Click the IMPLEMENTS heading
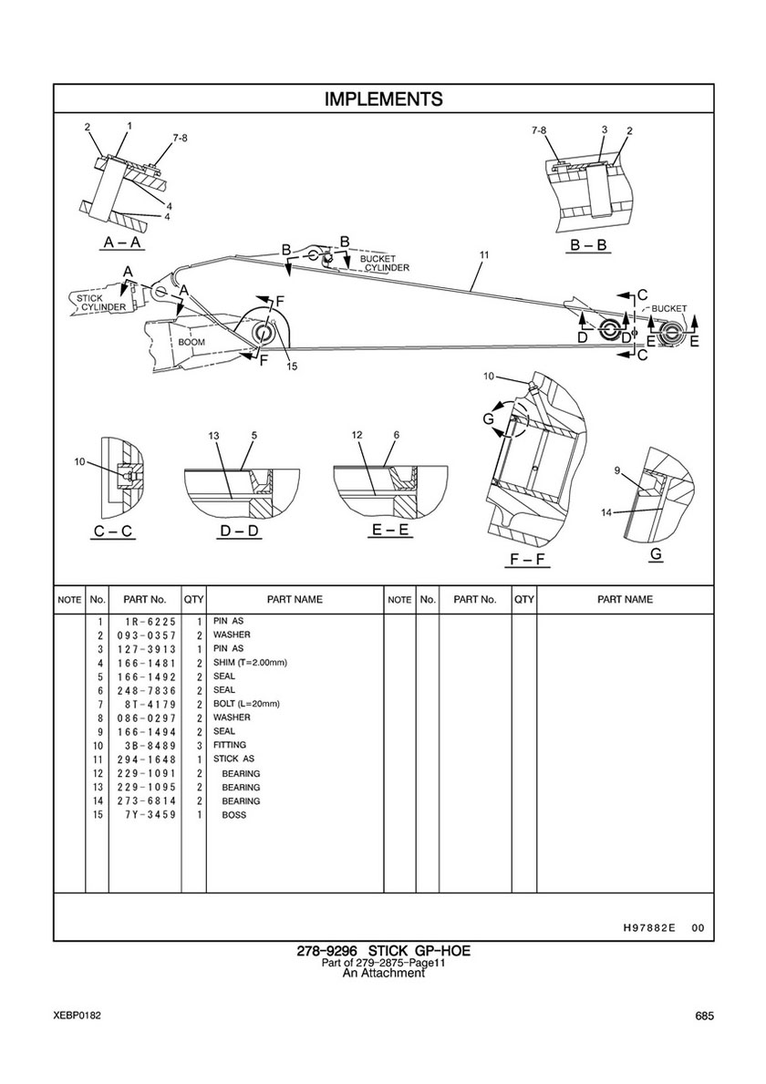click(384, 98)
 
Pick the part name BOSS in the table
click(233, 815)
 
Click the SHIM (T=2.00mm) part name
click(250, 662)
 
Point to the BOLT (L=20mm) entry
click(247, 704)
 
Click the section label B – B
click(588, 244)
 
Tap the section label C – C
click(113, 532)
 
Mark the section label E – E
click(390, 531)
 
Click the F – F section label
click(526, 559)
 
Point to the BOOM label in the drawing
click(191, 342)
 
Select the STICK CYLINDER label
click(98, 303)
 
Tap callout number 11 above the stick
click(484, 255)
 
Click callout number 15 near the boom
click(293, 366)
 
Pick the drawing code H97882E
click(644, 928)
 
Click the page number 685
click(705, 1017)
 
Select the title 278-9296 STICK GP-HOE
click(384, 951)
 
